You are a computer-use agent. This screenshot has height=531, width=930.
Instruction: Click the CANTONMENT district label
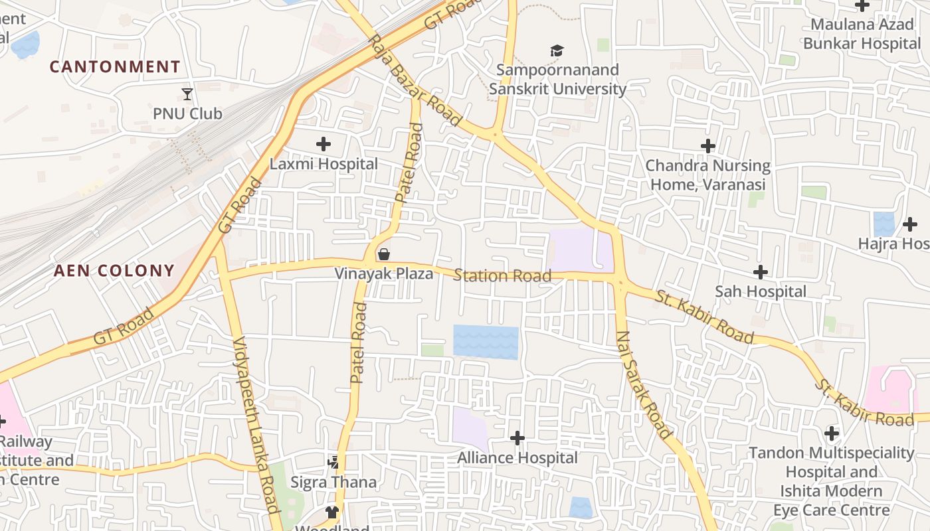(x=115, y=67)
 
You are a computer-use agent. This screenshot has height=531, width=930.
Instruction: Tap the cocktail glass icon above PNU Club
(x=187, y=94)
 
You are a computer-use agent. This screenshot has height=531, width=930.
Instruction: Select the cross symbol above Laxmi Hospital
(x=324, y=144)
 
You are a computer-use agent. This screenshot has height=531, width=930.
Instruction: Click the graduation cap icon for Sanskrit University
(x=557, y=51)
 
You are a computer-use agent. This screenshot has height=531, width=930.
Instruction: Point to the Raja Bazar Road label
(x=415, y=80)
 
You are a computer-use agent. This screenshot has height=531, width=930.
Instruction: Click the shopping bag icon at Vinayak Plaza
(x=383, y=254)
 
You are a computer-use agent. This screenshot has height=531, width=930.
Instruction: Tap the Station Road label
(x=502, y=275)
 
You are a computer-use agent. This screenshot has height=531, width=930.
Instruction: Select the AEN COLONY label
(x=114, y=271)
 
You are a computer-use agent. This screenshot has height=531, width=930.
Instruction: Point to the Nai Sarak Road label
(x=643, y=385)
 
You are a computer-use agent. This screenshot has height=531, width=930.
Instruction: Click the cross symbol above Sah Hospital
(x=761, y=271)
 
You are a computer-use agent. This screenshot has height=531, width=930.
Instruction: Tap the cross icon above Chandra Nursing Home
(x=708, y=146)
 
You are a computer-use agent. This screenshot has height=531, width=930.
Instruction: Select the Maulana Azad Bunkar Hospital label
(x=862, y=35)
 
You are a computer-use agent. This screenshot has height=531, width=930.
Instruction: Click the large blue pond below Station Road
(x=486, y=342)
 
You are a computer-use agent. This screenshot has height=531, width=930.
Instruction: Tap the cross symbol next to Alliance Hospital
(x=517, y=438)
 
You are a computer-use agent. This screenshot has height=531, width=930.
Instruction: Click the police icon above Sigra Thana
(x=333, y=462)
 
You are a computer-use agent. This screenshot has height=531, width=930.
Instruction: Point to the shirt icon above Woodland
(x=331, y=512)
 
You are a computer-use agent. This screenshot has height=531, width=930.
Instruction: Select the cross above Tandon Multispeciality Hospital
(x=831, y=434)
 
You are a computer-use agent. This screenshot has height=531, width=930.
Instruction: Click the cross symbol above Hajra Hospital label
(x=909, y=224)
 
